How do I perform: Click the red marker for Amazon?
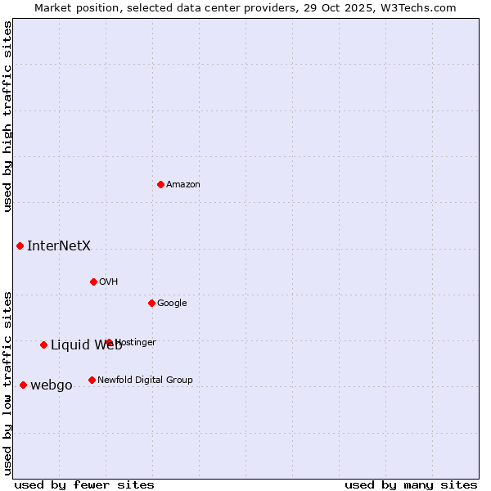coord(160,184)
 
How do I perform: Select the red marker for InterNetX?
coord(20,245)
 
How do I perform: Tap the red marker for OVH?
coord(93,282)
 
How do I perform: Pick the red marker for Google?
coord(151,303)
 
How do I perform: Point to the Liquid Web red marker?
coord(43,345)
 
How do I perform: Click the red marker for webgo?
coord(23,385)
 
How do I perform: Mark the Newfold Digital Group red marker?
coord(92,380)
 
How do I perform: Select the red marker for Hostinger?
coord(109,342)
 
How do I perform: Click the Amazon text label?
coord(183,185)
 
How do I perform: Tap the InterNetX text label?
coord(59,245)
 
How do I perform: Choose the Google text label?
coord(172,304)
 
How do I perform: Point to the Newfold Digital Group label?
coord(145,380)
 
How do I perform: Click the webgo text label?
coord(52,385)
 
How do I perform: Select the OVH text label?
coord(109,282)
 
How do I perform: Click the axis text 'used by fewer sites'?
coord(84,484)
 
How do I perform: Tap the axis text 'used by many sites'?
coord(411,484)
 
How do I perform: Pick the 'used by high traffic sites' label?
coord(7,116)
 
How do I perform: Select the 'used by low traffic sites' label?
coord(7,382)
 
